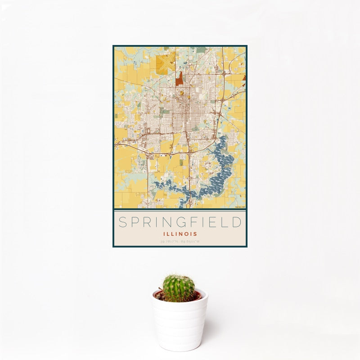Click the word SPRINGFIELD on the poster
pyautogui.click(x=180, y=222)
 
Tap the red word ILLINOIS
pyautogui.click(x=180, y=234)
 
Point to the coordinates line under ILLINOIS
pyautogui.click(x=180, y=242)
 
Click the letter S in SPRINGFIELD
pyautogui.click(x=121, y=222)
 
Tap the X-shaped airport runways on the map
pyautogui.click(x=166, y=63)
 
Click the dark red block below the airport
pyautogui.click(x=180, y=80)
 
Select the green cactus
pyautogui.click(x=179, y=288)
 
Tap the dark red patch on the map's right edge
pyautogui.click(x=244, y=77)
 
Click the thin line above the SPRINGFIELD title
pyautogui.click(x=180, y=211)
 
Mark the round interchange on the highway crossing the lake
pyautogui.click(x=189, y=200)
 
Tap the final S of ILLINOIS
pyautogui.click(x=196, y=234)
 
